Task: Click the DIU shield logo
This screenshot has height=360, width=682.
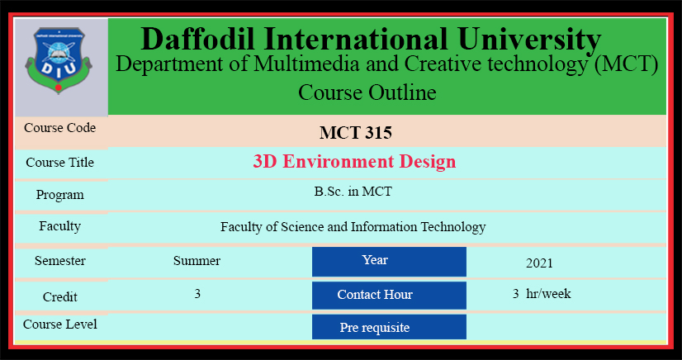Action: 59,60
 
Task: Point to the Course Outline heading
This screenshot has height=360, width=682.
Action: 367,92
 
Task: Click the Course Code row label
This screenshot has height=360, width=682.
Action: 60,128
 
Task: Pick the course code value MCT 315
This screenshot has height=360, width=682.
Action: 356,133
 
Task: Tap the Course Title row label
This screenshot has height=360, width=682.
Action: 60,162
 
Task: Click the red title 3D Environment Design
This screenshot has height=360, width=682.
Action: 354,162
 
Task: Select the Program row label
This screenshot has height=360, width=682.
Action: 60,195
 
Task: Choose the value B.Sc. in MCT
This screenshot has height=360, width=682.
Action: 353,192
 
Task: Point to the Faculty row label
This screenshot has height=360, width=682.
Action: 60,226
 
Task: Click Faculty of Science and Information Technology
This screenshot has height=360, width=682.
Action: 353,227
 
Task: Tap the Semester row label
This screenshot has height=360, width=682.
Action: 60,261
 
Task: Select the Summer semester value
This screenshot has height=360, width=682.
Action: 197,261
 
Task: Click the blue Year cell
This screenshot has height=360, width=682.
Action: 389,261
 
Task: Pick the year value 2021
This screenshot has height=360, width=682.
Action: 539,263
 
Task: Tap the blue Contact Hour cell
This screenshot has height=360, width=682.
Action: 389,296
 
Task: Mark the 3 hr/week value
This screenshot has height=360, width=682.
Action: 542,294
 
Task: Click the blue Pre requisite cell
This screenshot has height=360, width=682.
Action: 389,326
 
